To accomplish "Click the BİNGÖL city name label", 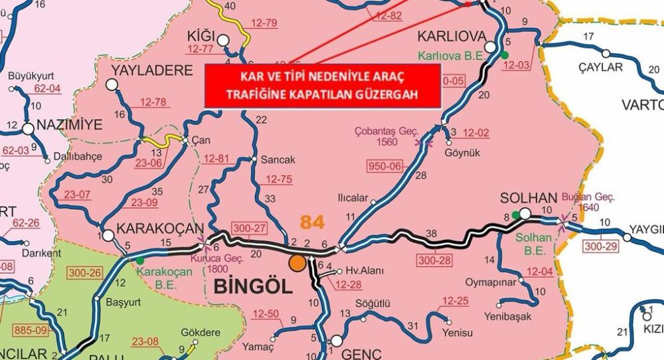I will [x=252, y=287].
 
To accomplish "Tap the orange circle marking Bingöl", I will [x=297, y=263].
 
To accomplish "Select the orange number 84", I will [x=312, y=221].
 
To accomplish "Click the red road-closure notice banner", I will [x=322, y=86].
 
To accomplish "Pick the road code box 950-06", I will [x=385, y=166].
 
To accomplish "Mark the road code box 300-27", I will [x=249, y=228].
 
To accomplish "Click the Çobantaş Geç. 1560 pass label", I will [x=387, y=135].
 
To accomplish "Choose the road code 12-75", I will [x=279, y=179].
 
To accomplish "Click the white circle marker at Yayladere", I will [x=112, y=84].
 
